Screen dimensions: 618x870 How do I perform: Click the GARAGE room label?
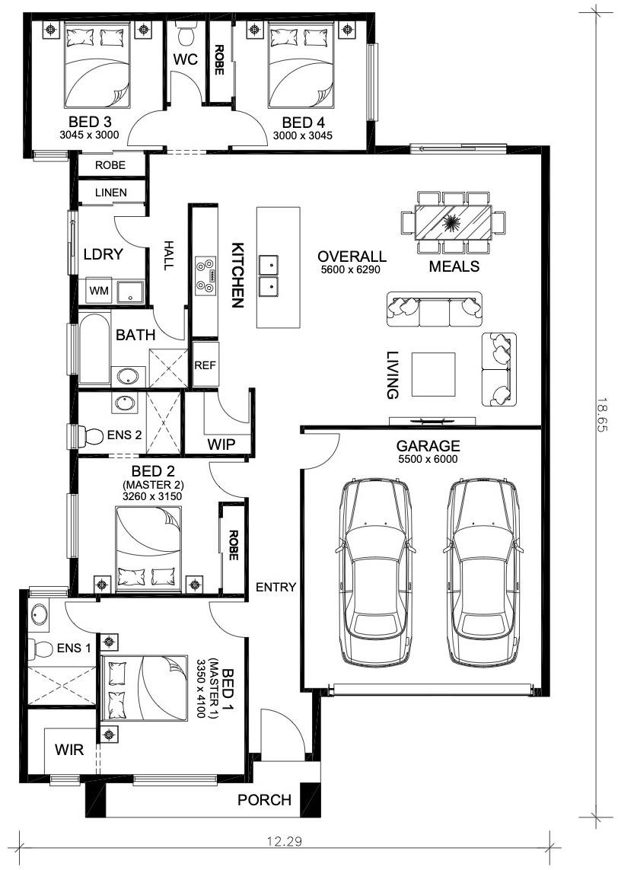tap(428, 446)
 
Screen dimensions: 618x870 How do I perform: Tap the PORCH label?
tap(265, 799)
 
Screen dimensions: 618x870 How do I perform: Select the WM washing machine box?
tap(99, 290)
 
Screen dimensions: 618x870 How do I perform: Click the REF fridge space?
tap(205, 365)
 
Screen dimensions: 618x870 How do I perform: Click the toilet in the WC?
tap(186, 37)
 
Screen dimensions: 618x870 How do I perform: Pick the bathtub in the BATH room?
tap(95, 347)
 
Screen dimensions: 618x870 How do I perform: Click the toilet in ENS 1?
tap(40, 649)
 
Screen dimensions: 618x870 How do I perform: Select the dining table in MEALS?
tap(454, 222)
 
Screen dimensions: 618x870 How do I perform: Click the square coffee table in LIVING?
tap(433, 374)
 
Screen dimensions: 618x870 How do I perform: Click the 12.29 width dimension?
tap(285, 842)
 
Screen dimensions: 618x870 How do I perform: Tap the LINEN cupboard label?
tap(111, 193)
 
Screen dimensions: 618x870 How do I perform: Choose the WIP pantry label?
tap(221, 444)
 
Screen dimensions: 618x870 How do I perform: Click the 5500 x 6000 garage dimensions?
tap(428, 459)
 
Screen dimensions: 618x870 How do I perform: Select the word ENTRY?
tap(276, 587)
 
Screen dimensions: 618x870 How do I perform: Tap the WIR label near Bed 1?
tap(69, 750)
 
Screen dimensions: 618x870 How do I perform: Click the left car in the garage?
tap(375, 572)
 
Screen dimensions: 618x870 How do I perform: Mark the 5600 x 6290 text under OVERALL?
tap(351, 270)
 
